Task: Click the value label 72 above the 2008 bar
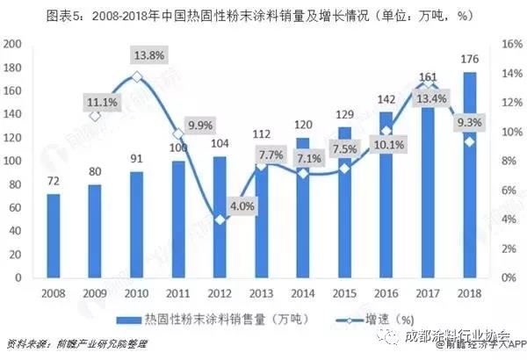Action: point(54,183)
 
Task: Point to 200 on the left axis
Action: point(12,44)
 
